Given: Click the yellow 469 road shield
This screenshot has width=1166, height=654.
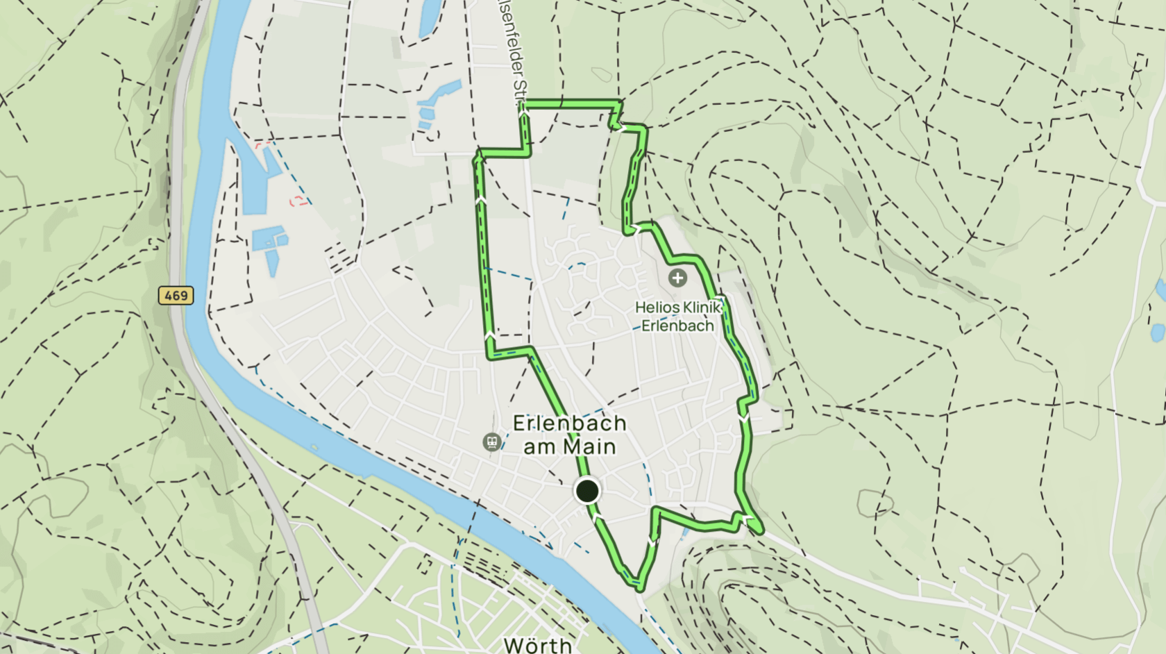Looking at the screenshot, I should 176,295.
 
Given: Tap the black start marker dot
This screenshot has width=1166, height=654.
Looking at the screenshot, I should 587,491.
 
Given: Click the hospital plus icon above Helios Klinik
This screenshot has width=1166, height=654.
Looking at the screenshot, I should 677,278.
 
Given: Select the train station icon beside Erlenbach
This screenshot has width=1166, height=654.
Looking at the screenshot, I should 491,442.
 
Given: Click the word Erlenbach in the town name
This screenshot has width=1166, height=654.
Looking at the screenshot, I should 569,423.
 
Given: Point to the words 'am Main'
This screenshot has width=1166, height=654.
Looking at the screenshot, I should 569,446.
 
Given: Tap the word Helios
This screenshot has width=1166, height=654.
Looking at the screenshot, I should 657,307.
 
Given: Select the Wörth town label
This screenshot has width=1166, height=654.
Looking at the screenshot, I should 538,645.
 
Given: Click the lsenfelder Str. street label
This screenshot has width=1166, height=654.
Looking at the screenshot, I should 514,56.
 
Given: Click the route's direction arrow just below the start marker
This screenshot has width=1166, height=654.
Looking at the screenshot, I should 597,518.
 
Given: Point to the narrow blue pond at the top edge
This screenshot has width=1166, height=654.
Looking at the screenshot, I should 430,17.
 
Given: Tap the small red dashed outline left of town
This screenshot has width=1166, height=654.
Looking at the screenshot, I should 299,201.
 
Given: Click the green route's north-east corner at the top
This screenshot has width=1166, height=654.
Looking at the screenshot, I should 620,104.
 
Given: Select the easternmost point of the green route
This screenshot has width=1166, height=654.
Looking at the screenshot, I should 761,531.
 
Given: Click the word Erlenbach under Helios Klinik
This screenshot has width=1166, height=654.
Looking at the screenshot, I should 677,326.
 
